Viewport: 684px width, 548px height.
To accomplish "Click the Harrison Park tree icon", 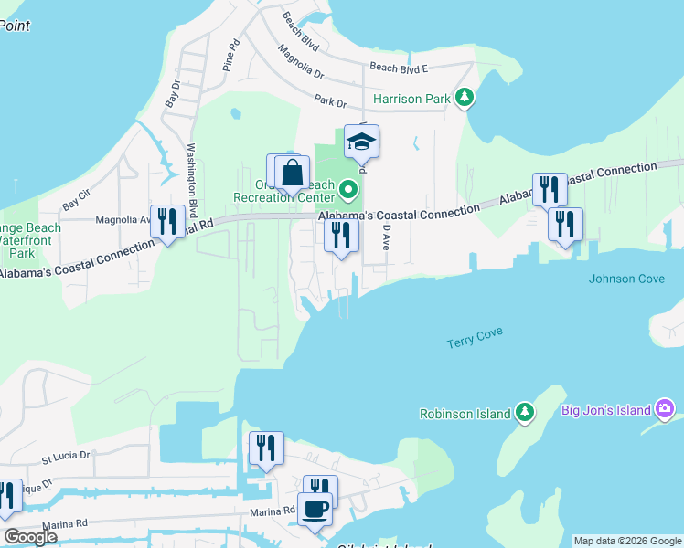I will pos(465,97).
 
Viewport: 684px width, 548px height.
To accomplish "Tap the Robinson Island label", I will pos(465,414).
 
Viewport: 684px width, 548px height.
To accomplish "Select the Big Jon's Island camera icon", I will pos(666,409).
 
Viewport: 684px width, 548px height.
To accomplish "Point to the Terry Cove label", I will pos(475,338).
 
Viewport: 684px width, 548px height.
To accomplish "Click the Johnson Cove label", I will pos(626,279).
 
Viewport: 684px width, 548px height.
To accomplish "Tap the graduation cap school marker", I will pos(361,142).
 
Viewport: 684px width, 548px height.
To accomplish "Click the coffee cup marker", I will pos(315,508).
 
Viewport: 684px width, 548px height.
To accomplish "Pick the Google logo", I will pos(30,537).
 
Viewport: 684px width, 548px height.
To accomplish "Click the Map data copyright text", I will pos(626,541).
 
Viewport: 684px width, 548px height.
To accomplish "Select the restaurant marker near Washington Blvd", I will pos(167,221).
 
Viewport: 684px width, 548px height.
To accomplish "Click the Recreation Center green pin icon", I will pos(347,191).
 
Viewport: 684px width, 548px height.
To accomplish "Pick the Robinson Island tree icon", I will pos(524,413).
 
